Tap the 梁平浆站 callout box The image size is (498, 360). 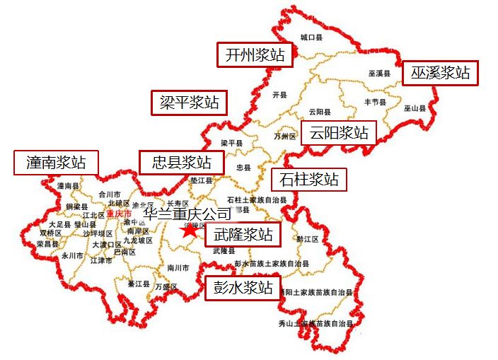click(x=189, y=103)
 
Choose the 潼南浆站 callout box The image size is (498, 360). click(x=57, y=163)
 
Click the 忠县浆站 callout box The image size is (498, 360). click(x=182, y=163)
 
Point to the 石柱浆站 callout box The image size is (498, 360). click(x=309, y=179)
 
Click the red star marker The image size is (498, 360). click(x=189, y=230)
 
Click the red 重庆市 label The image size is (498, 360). click(x=119, y=214)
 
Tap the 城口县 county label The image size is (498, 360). click(x=311, y=37)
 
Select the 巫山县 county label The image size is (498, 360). click(x=415, y=108)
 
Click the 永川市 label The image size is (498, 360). click(x=72, y=255)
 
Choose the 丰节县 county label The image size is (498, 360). click(x=374, y=102)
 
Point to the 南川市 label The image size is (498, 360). click(x=178, y=268)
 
